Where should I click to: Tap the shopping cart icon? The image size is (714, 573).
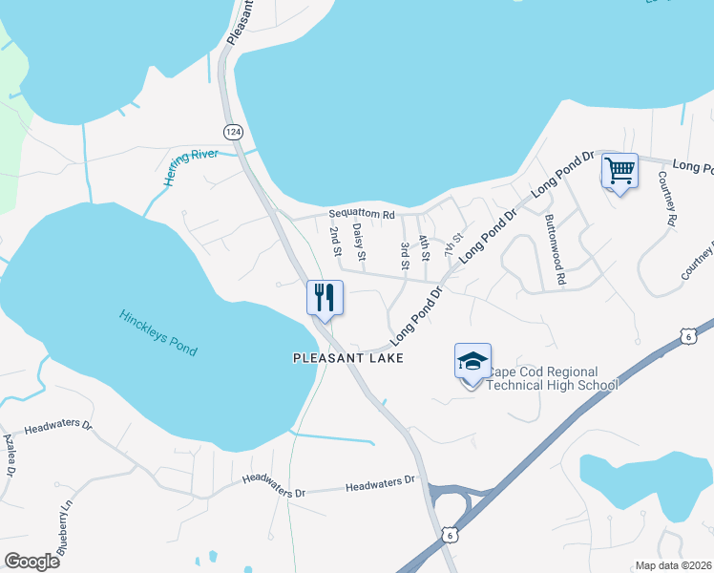pyautogui.click(x=619, y=173)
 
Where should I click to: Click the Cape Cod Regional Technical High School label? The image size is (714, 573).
pyautogui.click(x=552, y=378)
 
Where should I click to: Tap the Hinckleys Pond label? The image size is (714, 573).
pyautogui.click(x=158, y=332)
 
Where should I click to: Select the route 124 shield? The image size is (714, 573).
pyautogui.click(x=232, y=130)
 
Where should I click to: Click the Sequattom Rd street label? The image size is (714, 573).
pyautogui.click(x=361, y=215)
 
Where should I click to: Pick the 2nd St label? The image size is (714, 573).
pyautogui.click(x=335, y=242)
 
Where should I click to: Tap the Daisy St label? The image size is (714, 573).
pyautogui.click(x=360, y=242)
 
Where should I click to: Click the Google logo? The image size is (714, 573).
pyautogui.click(x=31, y=562)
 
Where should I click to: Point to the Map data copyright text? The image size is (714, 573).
pyautogui.click(x=672, y=565)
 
